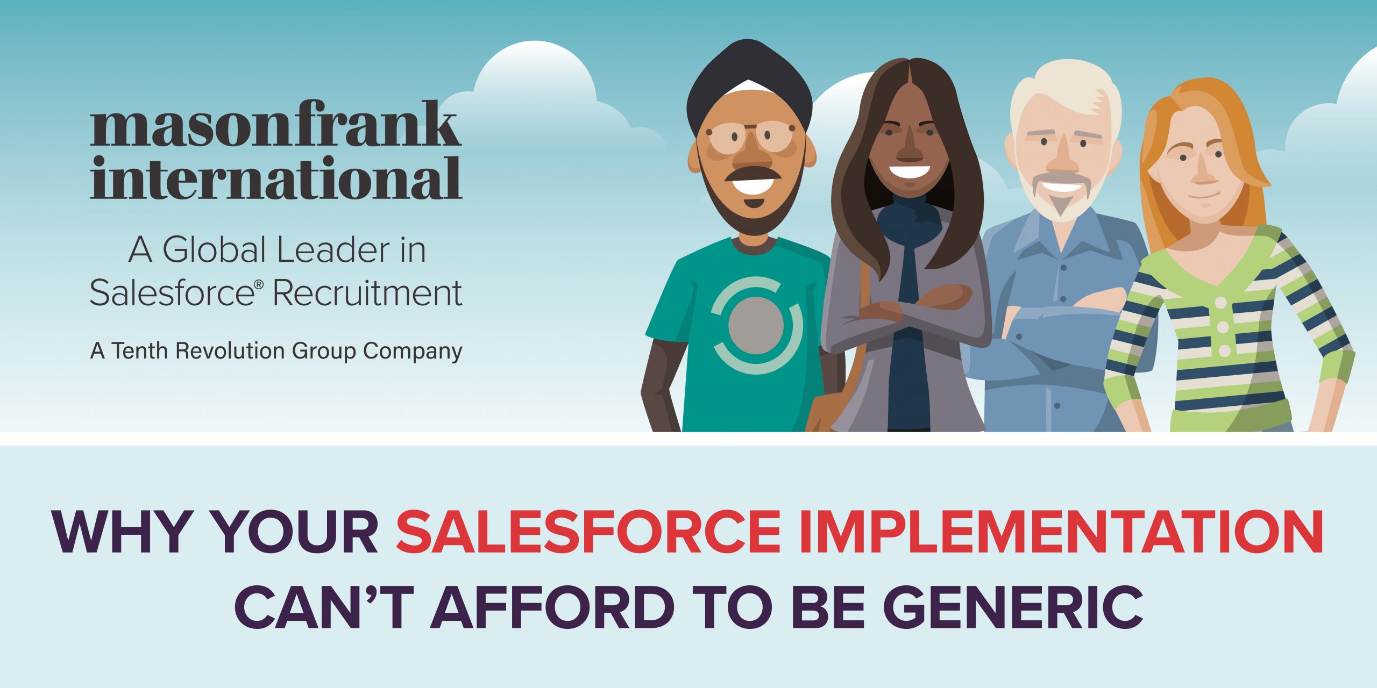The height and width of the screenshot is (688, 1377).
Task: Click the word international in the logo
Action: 276,178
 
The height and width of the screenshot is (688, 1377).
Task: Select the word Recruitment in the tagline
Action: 367,293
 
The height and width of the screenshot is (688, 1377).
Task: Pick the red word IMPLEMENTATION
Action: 1061,531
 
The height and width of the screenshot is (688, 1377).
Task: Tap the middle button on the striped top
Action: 1223,327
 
